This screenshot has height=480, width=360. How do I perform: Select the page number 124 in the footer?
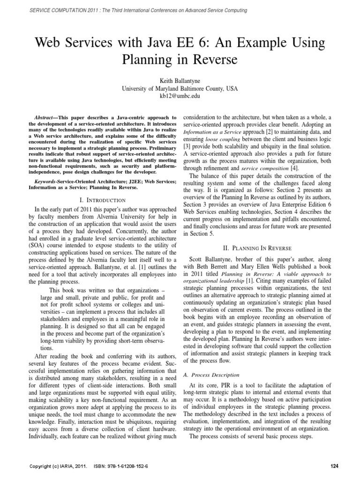click(x=334, y=466)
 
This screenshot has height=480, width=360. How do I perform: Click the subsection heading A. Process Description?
click(x=210, y=375)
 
